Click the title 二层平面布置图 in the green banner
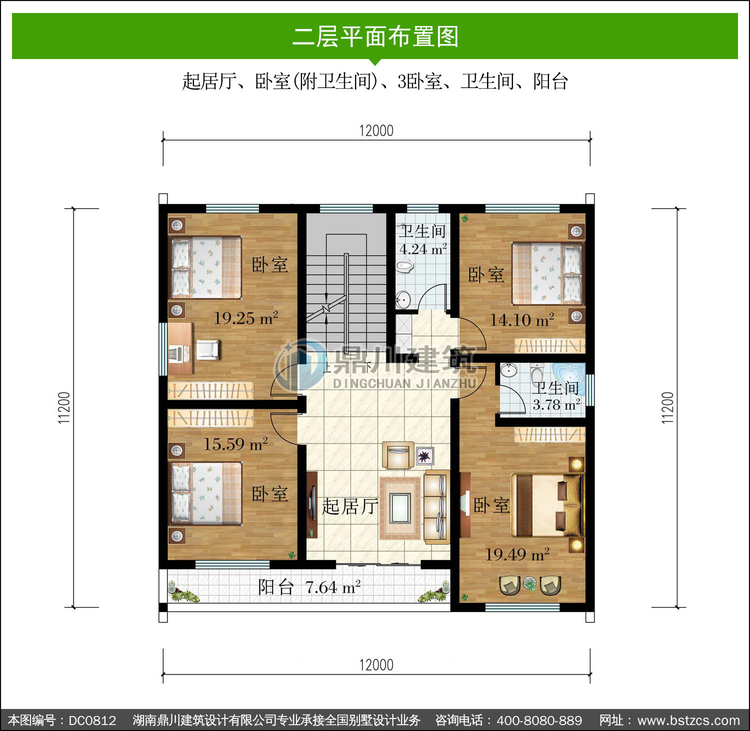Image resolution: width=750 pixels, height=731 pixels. (x=375, y=37)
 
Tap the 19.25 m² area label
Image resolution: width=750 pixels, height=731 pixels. (x=246, y=318)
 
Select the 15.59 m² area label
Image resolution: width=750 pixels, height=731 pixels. (x=235, y=444)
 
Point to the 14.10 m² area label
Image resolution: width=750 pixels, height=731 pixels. (x=522, y=320)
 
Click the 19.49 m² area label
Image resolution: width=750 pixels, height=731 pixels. (x=517, y=554)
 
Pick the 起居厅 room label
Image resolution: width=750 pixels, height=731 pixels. (x=349, y=506)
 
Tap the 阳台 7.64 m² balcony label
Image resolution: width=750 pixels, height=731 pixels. (x=309, y=587)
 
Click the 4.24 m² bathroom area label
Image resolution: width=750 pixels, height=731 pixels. (x=423, y=249)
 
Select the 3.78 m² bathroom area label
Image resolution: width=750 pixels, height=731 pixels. (x=556, y=404)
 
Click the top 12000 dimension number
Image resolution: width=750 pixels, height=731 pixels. (x=376, y=131)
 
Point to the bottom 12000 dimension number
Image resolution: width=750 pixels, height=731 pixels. (x=376, y=665)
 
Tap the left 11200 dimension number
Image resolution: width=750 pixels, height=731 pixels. (x=64, y=408)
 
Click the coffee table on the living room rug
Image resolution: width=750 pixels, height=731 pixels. (x=400, y=507)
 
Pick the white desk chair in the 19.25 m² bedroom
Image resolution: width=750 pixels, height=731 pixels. (x=207, y=349)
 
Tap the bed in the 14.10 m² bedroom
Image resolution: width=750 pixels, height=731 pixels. (x=547, y=274)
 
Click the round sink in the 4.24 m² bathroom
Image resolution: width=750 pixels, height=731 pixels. (x=403, y=300)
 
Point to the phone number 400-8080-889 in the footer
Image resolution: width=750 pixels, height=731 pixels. (x=539, y=720)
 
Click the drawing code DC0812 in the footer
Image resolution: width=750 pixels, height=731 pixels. (x=92, y=720)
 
